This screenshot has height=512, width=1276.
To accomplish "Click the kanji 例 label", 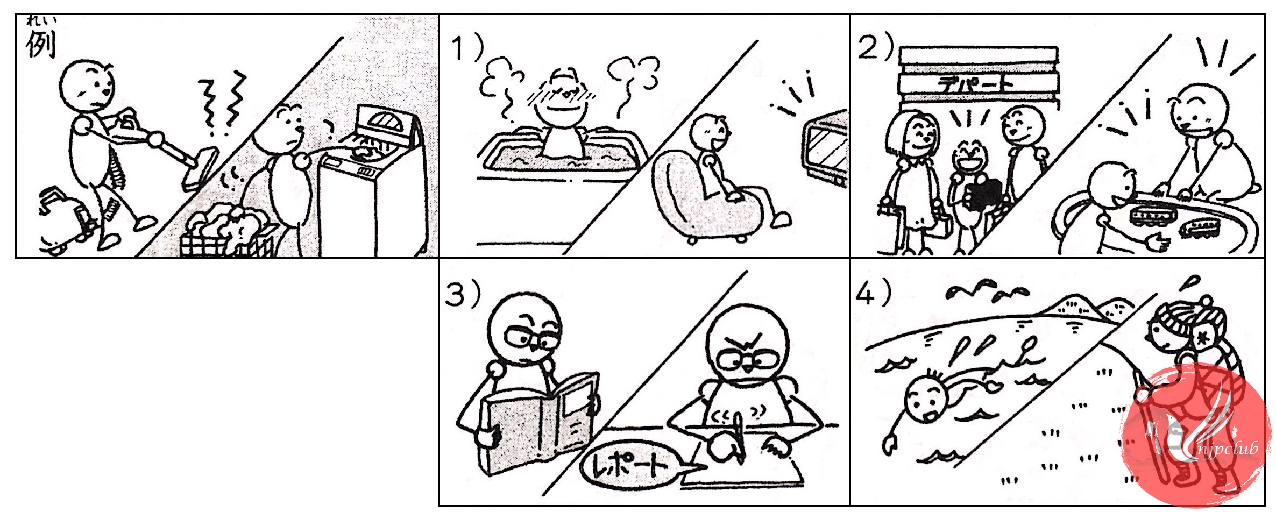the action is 41,44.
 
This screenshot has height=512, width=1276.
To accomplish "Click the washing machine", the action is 371,183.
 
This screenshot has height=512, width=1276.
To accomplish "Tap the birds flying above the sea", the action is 987,290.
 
